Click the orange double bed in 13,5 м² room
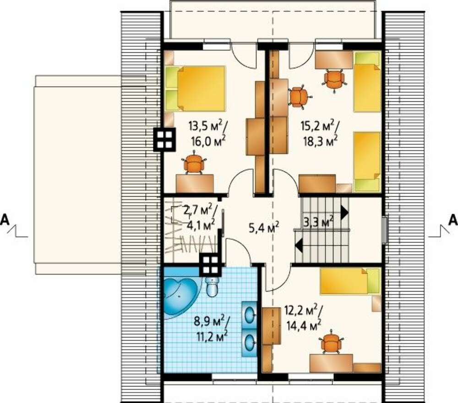196,88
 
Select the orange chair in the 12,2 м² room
332,343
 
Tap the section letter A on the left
5,220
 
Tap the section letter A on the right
453,220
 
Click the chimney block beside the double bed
164,139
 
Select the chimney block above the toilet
211,265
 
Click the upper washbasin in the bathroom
249,315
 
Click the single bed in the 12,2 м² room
350,281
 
